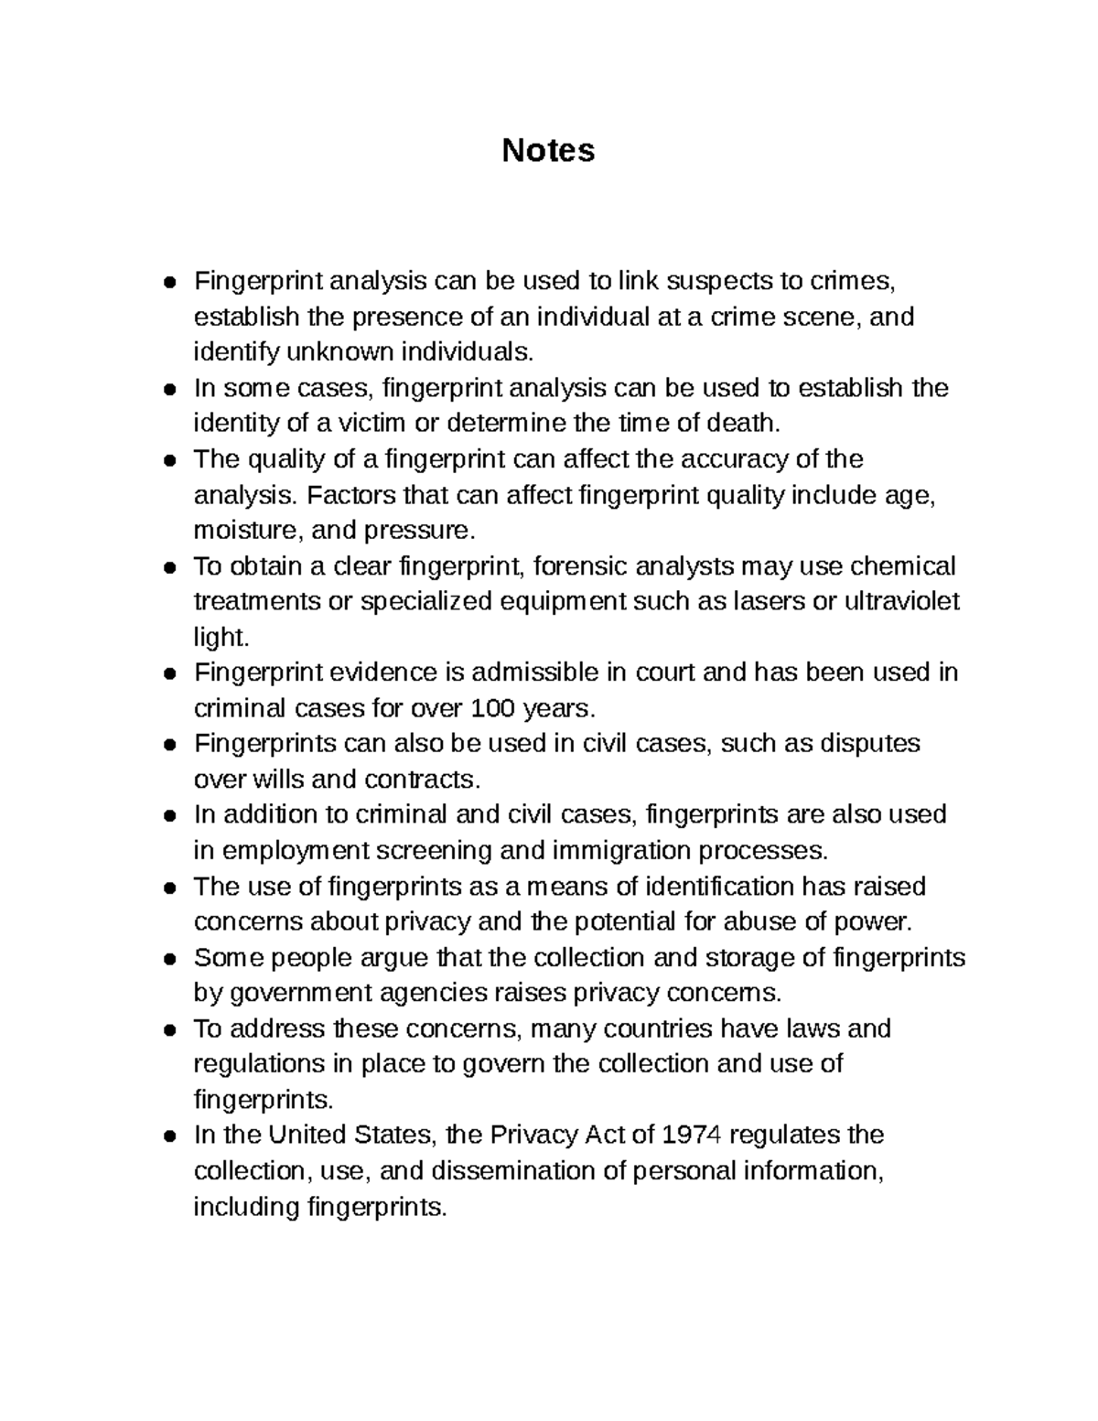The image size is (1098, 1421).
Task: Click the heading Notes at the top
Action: tap(548, 150)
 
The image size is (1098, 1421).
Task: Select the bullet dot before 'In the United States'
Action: tap(169, 1136)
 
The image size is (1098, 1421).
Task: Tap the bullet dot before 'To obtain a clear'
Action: tap(169, 567)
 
